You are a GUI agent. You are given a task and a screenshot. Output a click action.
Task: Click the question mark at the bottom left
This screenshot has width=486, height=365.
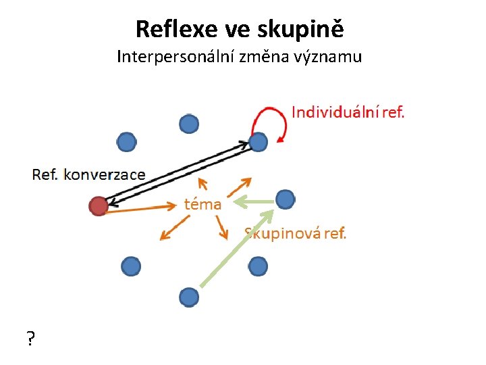[x=31, y=339]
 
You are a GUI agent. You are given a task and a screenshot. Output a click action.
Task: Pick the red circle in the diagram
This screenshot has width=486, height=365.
[x=99, y=205]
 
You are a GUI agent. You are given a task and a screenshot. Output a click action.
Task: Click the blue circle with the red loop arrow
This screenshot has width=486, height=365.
[x=259, y=142]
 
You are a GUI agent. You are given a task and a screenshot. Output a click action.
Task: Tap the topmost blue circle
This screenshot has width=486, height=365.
[x=189, y=124]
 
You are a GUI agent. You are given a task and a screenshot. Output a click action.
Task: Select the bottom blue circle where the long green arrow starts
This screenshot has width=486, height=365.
[x=189, y=297]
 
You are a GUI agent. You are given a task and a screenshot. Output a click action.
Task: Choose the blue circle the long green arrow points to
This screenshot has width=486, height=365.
[x=286, y=199]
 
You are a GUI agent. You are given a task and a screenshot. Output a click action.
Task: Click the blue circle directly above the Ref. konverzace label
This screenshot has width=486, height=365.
[x=126, y=142]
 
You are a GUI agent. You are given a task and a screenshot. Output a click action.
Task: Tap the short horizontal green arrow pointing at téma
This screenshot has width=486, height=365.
[x=253, y=201]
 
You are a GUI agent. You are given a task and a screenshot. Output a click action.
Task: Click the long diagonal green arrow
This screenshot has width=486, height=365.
[x=236, y=251]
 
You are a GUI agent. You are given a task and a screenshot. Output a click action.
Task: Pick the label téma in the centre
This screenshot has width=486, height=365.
[x=203, y=203]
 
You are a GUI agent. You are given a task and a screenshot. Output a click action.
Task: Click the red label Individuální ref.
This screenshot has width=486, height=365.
[x=348, y=112]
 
